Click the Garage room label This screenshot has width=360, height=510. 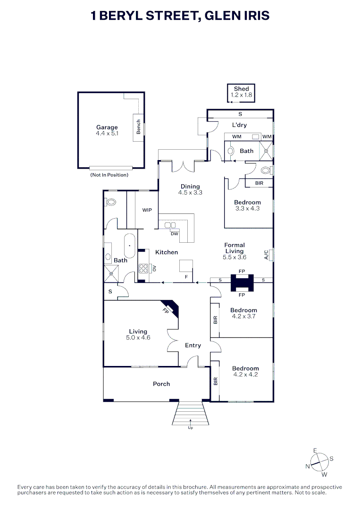tap(107, 127)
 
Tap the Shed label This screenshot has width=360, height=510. tap(242, 89)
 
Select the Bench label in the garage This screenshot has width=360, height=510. tap(138, 127)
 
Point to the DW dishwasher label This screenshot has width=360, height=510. tap(175, 234)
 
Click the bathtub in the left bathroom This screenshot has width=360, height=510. tap(130, 246)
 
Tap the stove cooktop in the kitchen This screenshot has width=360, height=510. tap(143, 268)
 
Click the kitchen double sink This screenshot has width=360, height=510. tap(170, 225)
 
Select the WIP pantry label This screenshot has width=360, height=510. tap(147, 210)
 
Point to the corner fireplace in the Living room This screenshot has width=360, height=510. tap(171, 308)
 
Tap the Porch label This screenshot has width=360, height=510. tap(161, 384)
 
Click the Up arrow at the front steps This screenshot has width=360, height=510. tap(191, 422)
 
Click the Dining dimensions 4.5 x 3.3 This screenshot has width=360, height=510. tap(190, 193)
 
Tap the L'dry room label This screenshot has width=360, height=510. tap(240, 125)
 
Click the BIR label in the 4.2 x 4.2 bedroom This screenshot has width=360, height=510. tap(216, 381)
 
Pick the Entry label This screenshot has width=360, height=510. tap(193, 345)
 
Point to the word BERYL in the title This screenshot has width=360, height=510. tap(120, 15)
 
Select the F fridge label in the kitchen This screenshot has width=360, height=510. tap(186, 277)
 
